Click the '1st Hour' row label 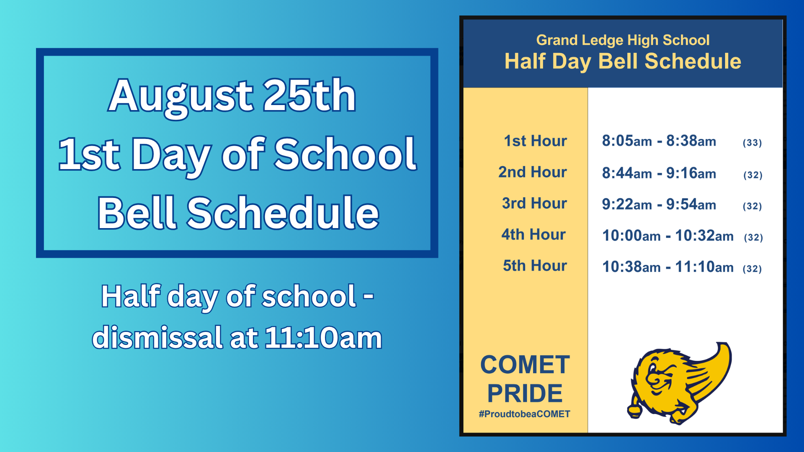coord(535,141)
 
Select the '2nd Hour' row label coord(532,172)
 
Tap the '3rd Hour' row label coord(534,203)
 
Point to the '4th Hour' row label coord(533,234)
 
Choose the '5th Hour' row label coord(535,266)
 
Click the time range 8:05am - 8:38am coord(659,141)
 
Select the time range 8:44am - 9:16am coord(659,173)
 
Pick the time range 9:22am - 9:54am coord(659,204)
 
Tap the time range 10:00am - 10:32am coord(668,236)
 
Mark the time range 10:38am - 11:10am coord(668,267)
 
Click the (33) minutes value coord(752,143)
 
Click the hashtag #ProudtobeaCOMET coord(524,414)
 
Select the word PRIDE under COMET coord(525,393)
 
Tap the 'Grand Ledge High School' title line coord(623,40)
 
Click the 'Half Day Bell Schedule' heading coord(623,61)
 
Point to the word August coord(180,97)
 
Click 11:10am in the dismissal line coord(323,337)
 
